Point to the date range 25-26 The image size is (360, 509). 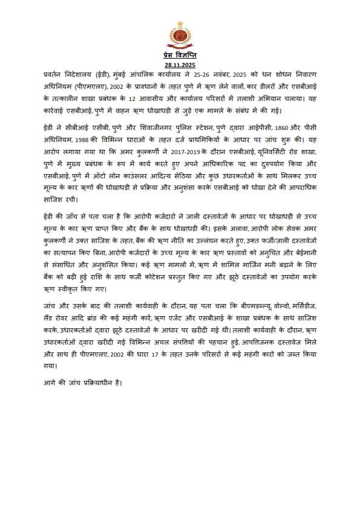point(209,74)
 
